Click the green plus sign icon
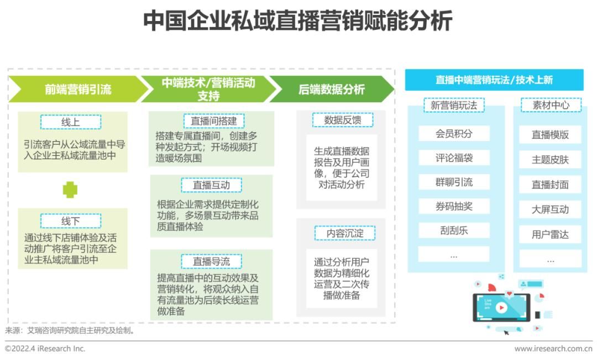click(70, 190)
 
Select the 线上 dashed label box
click(71, 122)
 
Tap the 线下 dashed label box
click(71, 221)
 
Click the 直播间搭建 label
click(213, 121)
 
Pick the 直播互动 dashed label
click(211, 185)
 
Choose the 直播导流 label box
click(211, 262)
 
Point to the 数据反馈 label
click(343, 120)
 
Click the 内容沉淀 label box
click(345, 233)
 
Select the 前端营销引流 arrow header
click(78, 89)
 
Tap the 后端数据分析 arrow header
click(332, 89)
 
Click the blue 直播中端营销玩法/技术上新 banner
click(494, 80)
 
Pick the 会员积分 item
click(454, 133)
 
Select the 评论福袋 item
click(454, 158)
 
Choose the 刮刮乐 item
click(454, 231)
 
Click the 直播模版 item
click(550, 134)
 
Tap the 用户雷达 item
click(550, 234)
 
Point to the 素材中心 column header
click(551, 105)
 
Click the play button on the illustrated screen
click(502, 307)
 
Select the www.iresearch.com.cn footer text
click(553, 348)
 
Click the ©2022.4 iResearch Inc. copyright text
click(45, 348)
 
